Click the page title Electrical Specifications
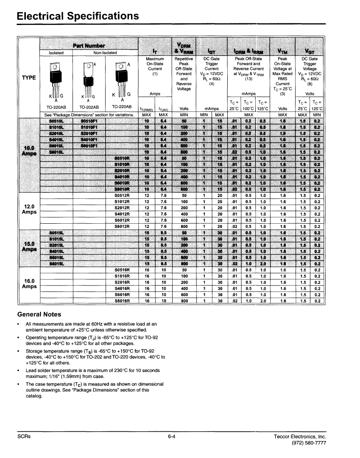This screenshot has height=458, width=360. pyautogui.click(x=78, y=16)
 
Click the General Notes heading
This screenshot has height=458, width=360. pyautogui.click(x=39, y=314)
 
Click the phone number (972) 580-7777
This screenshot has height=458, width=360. pyautogui.click(x=310, y=443)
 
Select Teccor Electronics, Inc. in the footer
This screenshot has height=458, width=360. pyautogui.click(x=300, y=436)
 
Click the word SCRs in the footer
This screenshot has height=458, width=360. pyautogui.click(x=24, y=436)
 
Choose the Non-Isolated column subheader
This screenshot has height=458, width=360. pyautogui.click(x=105, y=53)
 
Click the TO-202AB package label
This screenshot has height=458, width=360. pyautogui.click(x=89, y=108)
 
